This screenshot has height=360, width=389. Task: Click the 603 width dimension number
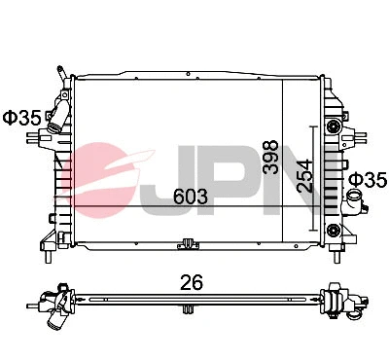click(x=190, y=196)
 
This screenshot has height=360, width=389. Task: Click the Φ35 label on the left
click(x=21, y=118)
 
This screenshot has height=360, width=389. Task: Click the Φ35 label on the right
click(x=368, y=179)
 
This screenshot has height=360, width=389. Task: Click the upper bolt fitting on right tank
click(x=336, y=127)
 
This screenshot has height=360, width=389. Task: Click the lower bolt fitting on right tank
click(x=336, y=230)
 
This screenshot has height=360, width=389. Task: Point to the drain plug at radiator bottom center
click(x=186, y=247)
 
